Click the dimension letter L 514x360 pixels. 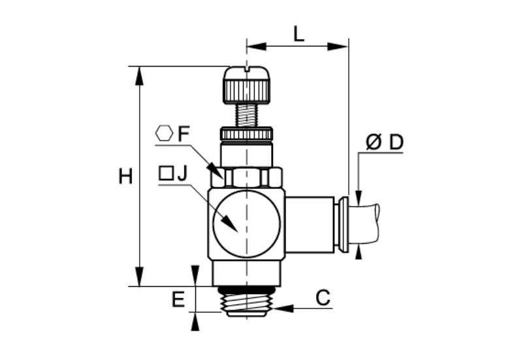point(298,34)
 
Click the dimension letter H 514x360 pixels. point(125,176)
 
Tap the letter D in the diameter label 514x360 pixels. point(396,142)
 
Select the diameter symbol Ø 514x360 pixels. point(374,142)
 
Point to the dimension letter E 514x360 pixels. point(178,300)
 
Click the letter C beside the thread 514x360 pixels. point(323,298)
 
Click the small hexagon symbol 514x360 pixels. point(164,133)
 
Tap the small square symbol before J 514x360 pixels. point(166,173)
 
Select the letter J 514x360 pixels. point(182,173)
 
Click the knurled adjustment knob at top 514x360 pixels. point(247,85)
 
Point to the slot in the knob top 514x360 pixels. point(247,69)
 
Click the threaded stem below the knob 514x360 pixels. point(246,115)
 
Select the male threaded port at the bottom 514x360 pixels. point(246,302)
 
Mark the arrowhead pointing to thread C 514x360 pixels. point(283,308)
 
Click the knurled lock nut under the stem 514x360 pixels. point(246,133)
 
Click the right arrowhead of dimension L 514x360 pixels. point(338,46)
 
